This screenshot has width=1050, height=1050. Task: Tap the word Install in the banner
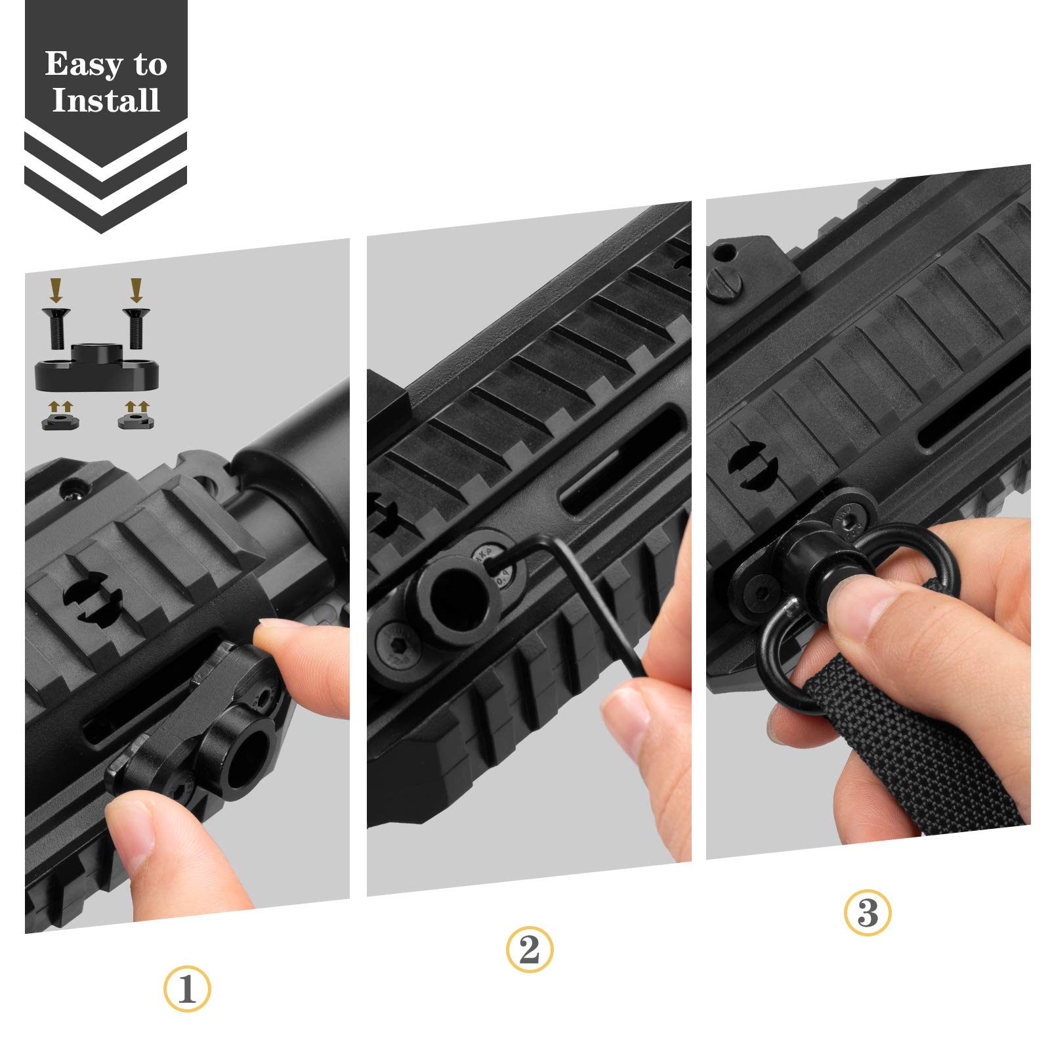tap(106, 100)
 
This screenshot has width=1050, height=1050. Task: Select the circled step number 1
tap(187, 990)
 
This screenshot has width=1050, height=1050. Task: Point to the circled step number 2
tap(530, 950)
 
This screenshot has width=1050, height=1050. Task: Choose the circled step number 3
tap(868, 912)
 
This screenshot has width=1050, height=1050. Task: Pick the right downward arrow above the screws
tap(136, 289)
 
